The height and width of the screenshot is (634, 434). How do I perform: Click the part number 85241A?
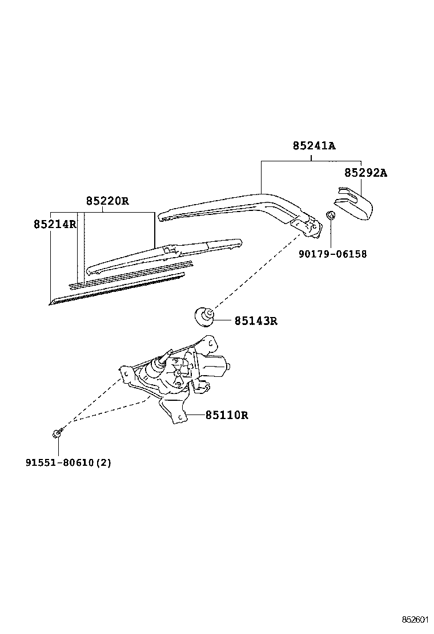point(314,146)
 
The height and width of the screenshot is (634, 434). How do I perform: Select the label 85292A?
point(365,173)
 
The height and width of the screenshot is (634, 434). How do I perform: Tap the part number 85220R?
point(107,201)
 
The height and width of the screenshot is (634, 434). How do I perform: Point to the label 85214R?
point(55,224)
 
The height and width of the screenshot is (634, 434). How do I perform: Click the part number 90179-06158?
point(332,254)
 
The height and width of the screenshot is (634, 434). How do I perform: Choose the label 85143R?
point(255,321)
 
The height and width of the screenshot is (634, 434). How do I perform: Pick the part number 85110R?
point(227,415)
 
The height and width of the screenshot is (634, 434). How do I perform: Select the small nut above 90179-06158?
point(330,216)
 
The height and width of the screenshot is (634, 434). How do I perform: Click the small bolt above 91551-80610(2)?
point(58,434)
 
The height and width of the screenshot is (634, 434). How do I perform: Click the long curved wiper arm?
point(228,204)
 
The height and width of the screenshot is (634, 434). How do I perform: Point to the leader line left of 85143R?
point(223,321)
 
